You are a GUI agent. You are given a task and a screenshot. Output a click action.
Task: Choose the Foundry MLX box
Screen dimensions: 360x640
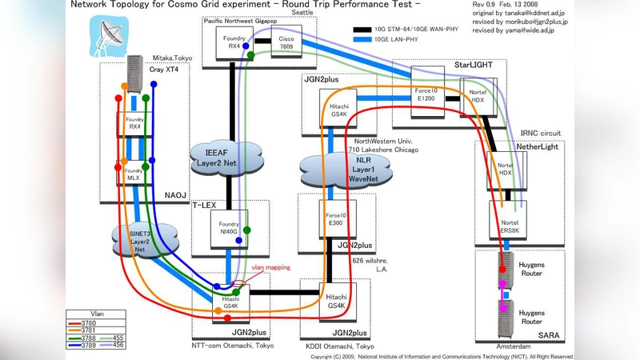pyautogui.click(x=134, y=174)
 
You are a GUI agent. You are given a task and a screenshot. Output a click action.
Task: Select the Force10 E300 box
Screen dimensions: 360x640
pyautogui.click(x=336, y=220)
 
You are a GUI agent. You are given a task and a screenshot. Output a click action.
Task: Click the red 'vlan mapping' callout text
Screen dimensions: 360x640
pyautogui.click(x=271, y=268)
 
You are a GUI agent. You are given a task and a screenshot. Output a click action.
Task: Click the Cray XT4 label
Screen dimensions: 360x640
pyautogui.click(x=162, y=70)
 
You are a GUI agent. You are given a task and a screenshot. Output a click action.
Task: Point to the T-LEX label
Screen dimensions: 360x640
pyautogui.click(x=205, y=205)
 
